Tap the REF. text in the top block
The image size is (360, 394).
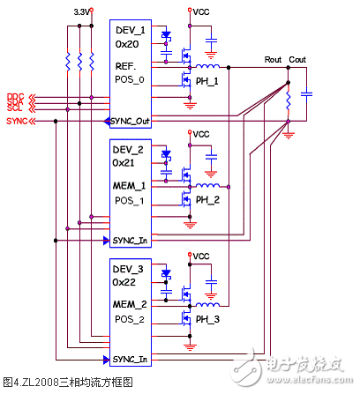click(x=125, y=66)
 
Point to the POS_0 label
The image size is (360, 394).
click(x=129, y=80)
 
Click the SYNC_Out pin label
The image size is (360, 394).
click(x=132, y=119)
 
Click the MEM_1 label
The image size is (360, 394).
click(x=130, y=185)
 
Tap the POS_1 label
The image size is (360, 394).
click(x=129, y=200)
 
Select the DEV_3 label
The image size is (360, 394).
click(x=129, y=269)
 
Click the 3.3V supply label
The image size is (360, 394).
click(x=82, y=12)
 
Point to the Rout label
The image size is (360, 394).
click(x=274, y=60)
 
